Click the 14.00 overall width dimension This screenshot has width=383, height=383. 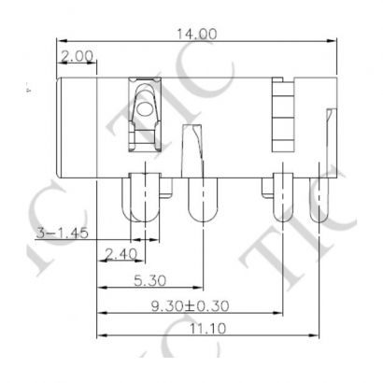[196, 34]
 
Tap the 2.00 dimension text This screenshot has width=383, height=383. [77, 57]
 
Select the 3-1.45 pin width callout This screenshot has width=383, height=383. [63, 234]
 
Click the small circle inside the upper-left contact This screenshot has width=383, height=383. [144, 111]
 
